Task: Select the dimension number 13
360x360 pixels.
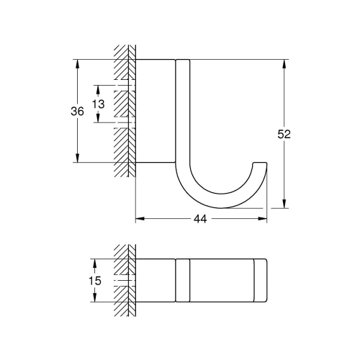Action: click(x=99, y=104)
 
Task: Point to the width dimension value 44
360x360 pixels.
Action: click(x=201, y=219)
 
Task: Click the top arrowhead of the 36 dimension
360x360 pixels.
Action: click(x=78, y=63)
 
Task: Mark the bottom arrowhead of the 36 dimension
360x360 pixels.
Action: click(x=78, y=158)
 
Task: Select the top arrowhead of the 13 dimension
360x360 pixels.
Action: click(x=99, y=88)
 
